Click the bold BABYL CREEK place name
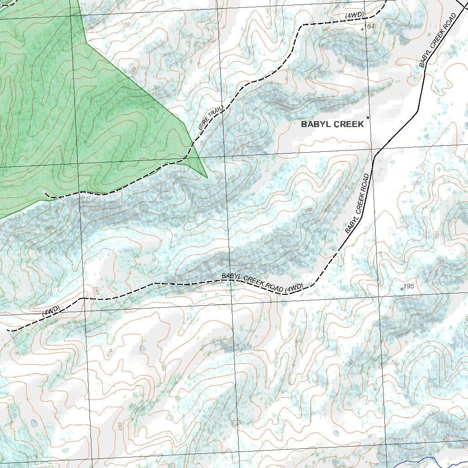(x=332, y=124)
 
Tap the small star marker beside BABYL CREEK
(x=368, y=118)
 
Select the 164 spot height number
(x=370, y=27)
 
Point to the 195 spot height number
(x=409, y=287)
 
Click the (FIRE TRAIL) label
(x=211, y=117)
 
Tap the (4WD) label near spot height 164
(x=355, y=15)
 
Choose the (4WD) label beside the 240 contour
(x=51, y=312)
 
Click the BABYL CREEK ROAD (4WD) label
(x=262, y=282)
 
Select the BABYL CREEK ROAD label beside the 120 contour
(x=357, y=204)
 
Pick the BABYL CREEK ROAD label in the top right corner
(x=438, y=41)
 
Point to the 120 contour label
(x=351, y=187)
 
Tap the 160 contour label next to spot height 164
(x=326, y=29)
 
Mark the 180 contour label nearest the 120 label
(x=308, y=210)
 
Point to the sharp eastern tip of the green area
(x=207, y=177)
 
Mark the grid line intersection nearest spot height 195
(x=379, y=296)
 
